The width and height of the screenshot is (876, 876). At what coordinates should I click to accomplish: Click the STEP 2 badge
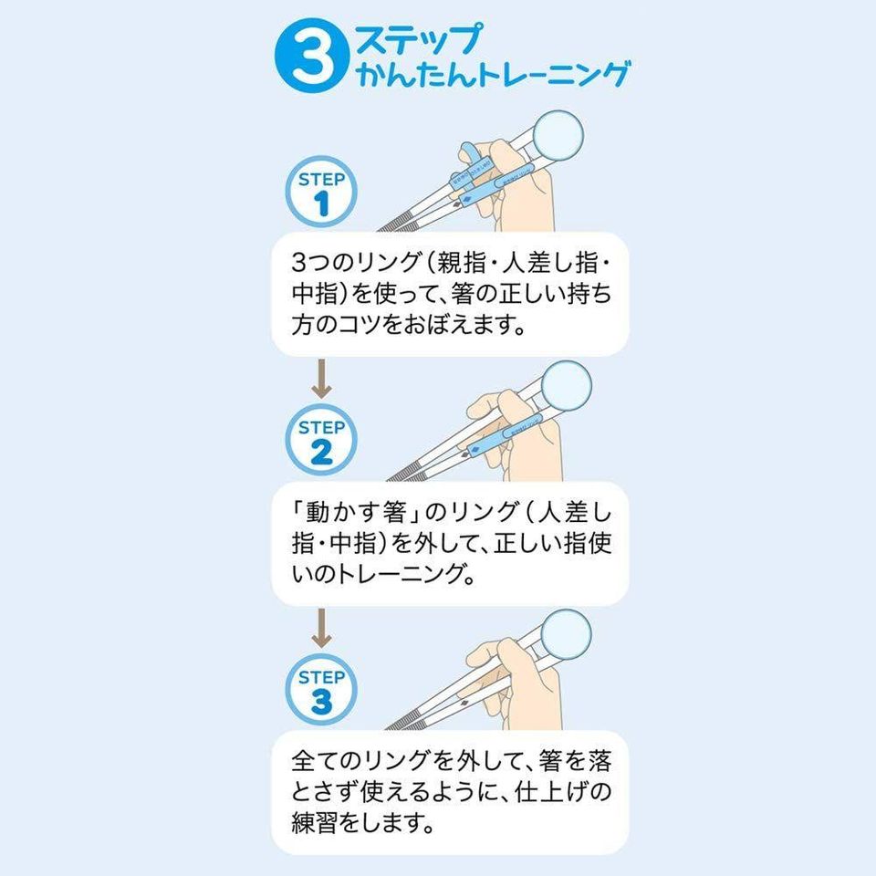[x=321, y=440]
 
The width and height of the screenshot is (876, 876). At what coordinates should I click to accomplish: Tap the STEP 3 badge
[x=321, y=691]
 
